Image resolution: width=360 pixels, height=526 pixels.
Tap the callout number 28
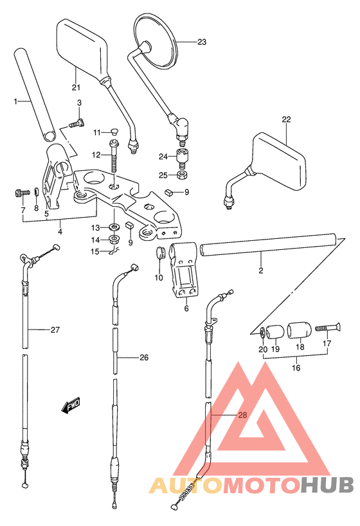pyautogui.click(x=242, y=415)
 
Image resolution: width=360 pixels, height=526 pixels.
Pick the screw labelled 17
pyautogui.click(x=327, y=327)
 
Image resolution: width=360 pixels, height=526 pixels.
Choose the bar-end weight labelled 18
pyautogui.click(x=300, y=332)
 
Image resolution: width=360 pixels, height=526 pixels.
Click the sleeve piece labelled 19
pyautogui.click(x=276, y=332)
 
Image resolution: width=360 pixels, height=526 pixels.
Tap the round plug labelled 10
pyautogui.click(x=161, y=252)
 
